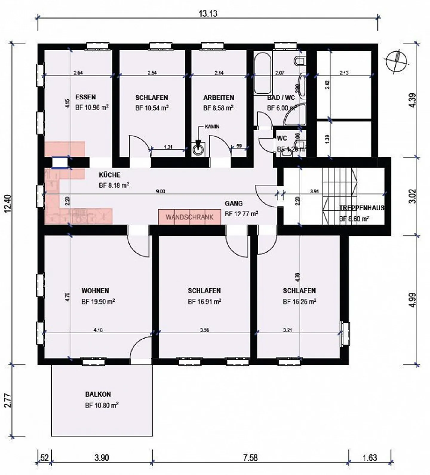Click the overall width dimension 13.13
(x=208, y=13)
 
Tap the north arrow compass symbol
(x=397, y=61)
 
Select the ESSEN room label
(x=85, y=97)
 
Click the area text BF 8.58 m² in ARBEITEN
(x=218, y=108)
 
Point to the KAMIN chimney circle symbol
(x=197, y=150)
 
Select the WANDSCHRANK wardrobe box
(x=190, y=217)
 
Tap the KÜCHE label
(x=109, y=175)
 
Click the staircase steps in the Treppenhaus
(x=340, y=196)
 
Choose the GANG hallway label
(x=234, y=204)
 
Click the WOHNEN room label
(x=95, y=290)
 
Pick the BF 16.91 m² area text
(x=204, y=302)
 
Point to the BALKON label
(x=98, y=394)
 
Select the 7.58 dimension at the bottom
(x=250, y=457)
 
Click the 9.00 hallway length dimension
(x=160, y=191)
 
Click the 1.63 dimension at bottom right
(x=370, y=457)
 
